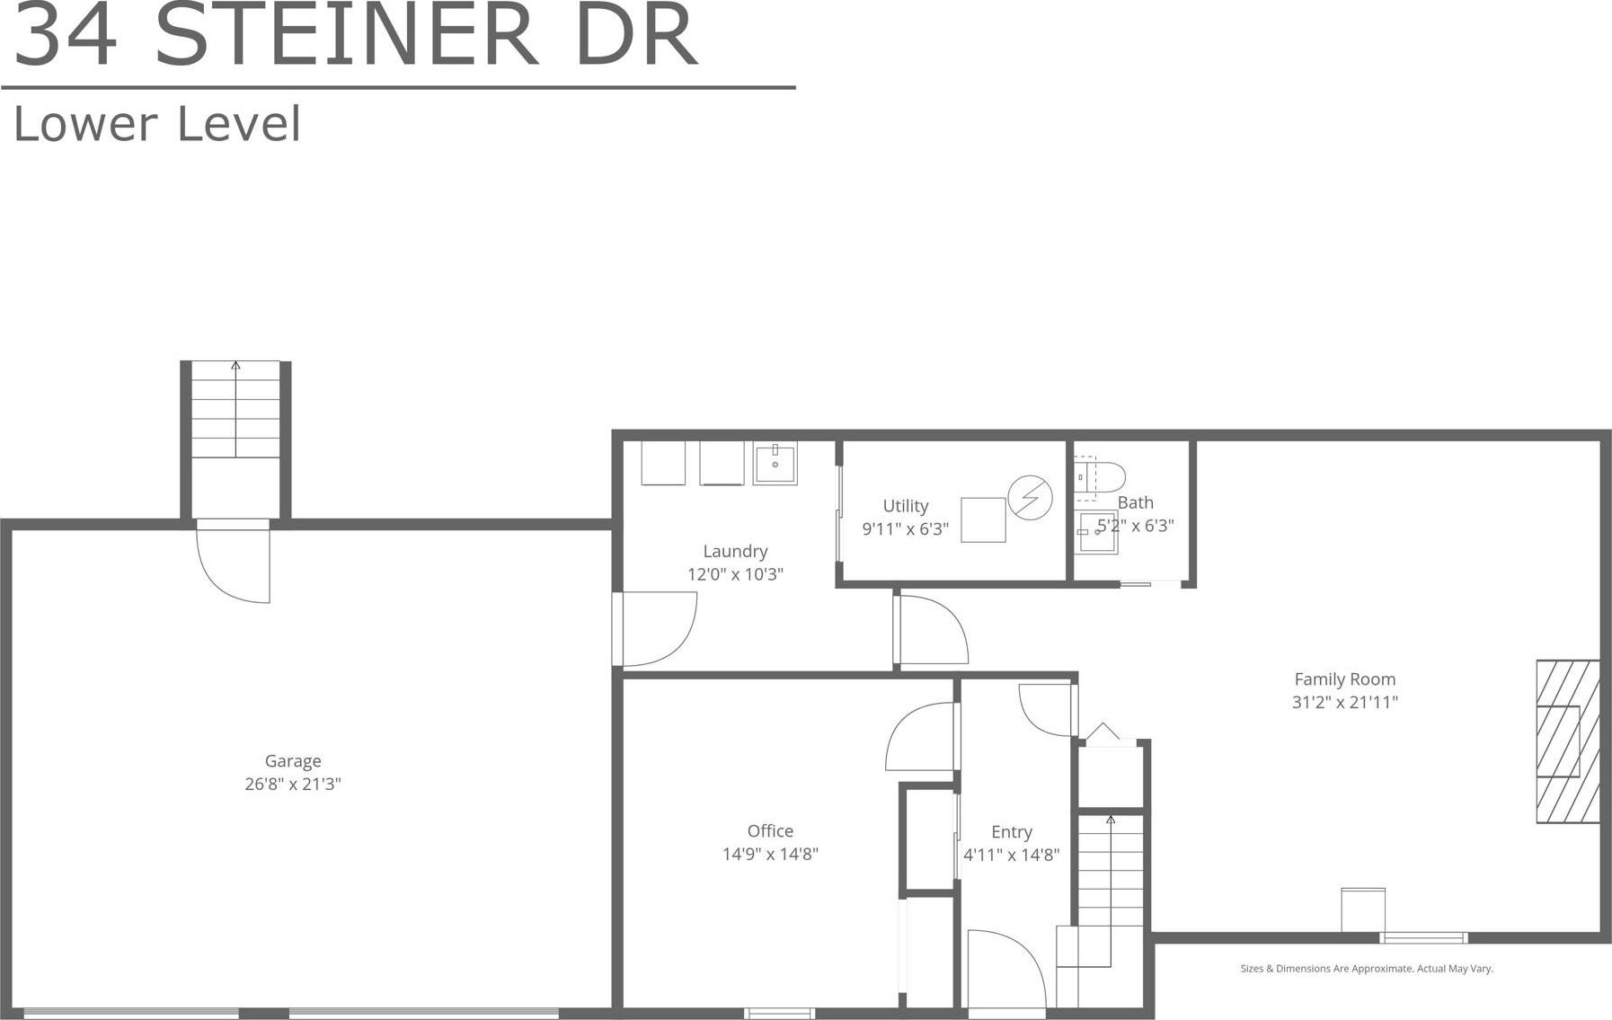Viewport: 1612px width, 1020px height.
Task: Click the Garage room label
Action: (x=293, y=761)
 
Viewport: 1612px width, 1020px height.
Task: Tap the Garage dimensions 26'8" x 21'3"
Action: (x=293, y=784)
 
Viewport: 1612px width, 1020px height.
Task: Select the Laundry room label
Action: (x=735, y=551)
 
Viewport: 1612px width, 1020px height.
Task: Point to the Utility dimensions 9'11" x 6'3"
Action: (x=905, y=528)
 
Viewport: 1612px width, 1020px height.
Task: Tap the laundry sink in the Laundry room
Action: (x=775, y=464)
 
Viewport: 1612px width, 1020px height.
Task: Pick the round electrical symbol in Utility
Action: (x=1030, y=497)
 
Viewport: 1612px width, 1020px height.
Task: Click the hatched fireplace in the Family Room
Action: (x=1567, y=741)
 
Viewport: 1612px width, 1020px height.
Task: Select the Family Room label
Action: (x=1344, y=679)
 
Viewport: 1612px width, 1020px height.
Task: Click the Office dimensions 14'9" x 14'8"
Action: (x=770, y=854)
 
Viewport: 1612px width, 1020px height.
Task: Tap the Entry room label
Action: (x=1011, y=832)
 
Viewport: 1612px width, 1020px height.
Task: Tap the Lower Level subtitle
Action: (x=157, y=124)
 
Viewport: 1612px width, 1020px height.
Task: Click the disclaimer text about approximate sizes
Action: (x=1366, y=968)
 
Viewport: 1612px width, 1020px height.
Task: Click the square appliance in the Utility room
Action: (x=983, y=519)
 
